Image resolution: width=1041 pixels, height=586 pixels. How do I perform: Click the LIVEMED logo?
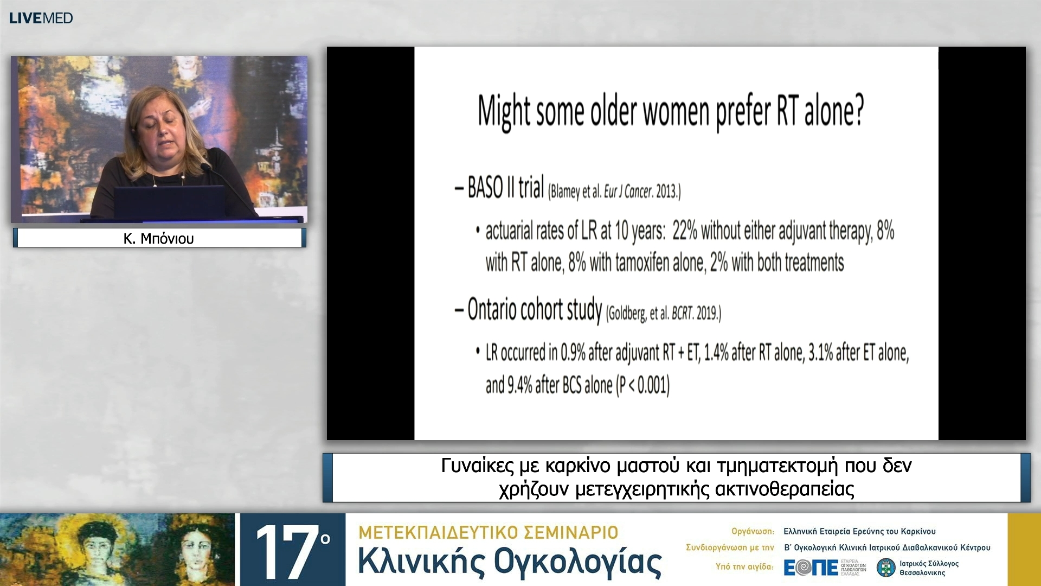click(41, 18)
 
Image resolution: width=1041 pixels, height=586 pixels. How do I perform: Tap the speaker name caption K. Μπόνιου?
click(158, 238)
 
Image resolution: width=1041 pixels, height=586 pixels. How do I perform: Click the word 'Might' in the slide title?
click(504, 111)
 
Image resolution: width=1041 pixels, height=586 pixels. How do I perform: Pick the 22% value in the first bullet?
click(685, 231)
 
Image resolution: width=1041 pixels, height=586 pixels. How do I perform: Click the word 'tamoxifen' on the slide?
click(633, 263)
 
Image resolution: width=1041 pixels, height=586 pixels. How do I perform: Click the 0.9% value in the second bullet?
click(573, 353)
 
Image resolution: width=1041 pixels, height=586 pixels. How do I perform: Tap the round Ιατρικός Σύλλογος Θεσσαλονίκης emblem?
click(886, 568)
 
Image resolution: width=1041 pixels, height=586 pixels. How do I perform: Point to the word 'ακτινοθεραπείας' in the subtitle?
click(785, 489)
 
